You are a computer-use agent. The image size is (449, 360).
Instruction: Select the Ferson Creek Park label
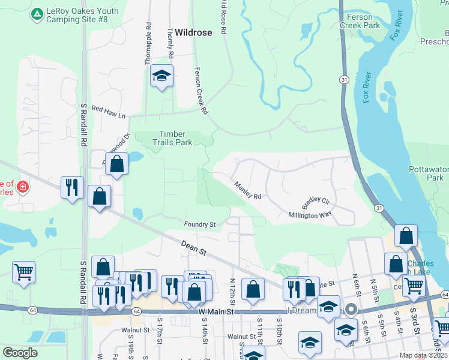click(x=360, y=22)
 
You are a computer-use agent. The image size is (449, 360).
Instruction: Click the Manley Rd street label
click(x=248, y=191)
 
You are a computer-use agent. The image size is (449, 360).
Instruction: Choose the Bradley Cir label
click(x=316, y=200)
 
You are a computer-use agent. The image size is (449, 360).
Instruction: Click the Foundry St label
click(x=200, y=224)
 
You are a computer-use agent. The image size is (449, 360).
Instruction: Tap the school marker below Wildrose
click(x=161, y=76)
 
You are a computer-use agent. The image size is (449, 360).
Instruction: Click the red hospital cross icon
click(x=23, y=187)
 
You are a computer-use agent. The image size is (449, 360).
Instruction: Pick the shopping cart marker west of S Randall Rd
click(x=23, y=272)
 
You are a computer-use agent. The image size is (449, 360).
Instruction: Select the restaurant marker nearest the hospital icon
click(x=72, y=188)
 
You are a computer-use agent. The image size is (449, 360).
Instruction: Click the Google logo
click(x=20, y=353)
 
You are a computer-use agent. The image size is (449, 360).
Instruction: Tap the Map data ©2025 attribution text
click(x=423, y=355)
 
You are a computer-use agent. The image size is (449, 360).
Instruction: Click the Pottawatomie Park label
click(x=429, y=174)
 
